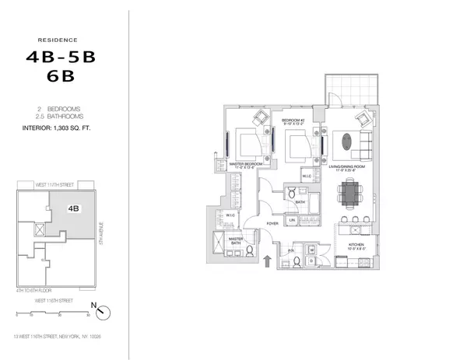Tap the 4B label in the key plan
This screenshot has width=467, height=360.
tap(73, 208)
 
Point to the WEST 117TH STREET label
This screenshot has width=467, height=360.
tap(56, 185)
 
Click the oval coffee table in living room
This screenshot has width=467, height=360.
tap(345, 142)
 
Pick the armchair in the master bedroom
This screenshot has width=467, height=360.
tap(258, 118)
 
